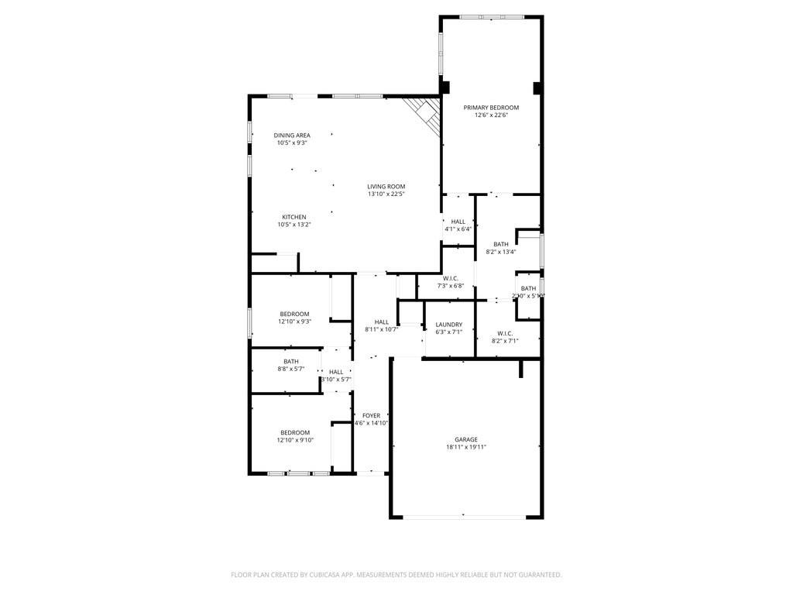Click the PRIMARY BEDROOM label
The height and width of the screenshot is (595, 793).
click(x=491, y=108)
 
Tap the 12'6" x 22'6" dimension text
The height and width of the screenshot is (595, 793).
click(x=491, y=115)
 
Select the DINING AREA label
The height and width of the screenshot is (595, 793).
click(x=292, y=136)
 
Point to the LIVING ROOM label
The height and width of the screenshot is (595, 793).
click(x=386, y=187)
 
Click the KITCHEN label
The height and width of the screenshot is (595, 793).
click(x=294, y=217)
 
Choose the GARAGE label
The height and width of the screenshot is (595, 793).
click(x=466, y=439)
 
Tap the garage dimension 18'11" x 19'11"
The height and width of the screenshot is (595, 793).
click(x=466, y=447)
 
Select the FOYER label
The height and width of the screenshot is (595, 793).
click(x=371, y=415)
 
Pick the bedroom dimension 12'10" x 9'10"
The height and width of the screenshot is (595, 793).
click(x=295, y=440)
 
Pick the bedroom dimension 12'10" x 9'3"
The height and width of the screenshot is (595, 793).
click(x=295, y=322)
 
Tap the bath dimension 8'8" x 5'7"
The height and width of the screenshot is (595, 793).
click(x=291, y=369)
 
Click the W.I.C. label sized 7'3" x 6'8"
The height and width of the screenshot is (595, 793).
click(x=451, y=278)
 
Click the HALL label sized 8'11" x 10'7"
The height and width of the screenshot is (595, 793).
click(x=382, y=322)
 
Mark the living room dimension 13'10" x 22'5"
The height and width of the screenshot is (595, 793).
click(x=386, y=194)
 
